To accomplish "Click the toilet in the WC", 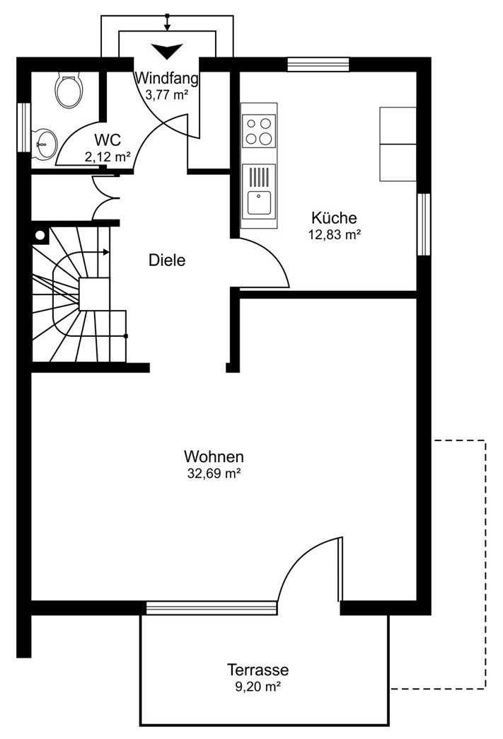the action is pos(69,90).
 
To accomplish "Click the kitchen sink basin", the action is pos(259,202).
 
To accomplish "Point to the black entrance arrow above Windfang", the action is pos(167,51).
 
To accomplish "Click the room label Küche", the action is pos(334,218).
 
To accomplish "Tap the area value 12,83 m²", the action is pos(335,235).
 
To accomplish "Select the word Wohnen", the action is pos(214,457).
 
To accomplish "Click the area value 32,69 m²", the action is pos(214,473).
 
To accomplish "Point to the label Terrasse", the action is pos(258,670).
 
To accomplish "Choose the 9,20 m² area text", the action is pos(258,687).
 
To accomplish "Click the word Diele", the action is pos(167,260).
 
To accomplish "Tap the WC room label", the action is pos(108,140).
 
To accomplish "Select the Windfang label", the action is pos(167,78).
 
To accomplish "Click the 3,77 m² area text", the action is pos(167,95).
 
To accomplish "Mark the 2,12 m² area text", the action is pos(108,157).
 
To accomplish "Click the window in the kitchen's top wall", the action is pos(318,64).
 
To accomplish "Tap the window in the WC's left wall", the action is pos(23,127).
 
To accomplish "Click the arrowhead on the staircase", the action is pos(106,252).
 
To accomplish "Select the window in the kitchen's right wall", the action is pos(424,224).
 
